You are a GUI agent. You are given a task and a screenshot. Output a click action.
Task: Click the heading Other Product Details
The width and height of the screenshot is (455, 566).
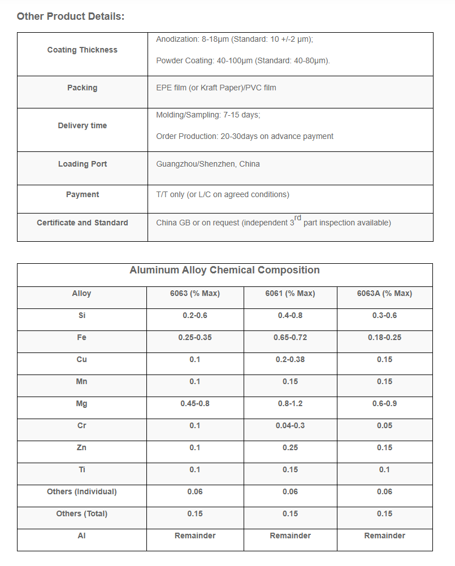tap(71, 16)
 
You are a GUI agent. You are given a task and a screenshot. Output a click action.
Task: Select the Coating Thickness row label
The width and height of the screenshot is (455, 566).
tap(82, 50)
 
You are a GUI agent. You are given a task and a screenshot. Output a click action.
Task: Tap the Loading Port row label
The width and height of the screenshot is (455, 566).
tap(82, 164)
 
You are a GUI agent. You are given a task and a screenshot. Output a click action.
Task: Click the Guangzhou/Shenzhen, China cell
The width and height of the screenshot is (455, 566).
tap(208, 164)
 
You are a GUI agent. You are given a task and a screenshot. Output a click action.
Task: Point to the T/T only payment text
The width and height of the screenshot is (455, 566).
tap(223, 194)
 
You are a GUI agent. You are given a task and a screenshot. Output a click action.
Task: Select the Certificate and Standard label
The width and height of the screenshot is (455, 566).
tap(82, 223)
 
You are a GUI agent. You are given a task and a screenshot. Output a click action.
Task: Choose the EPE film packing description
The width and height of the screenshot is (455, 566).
tap(216, 88)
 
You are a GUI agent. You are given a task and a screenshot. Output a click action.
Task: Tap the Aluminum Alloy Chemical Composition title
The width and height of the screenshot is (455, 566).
tap(224, 270)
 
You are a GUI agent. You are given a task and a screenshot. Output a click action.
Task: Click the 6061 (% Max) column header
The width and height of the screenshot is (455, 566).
tap(290, 293)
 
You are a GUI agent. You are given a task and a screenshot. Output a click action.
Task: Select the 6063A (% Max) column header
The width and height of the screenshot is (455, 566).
tap(384, 293)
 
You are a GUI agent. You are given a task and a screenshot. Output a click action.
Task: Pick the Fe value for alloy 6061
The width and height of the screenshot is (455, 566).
tap(290, 337)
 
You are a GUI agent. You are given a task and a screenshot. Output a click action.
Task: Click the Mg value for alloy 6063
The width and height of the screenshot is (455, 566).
tap(195, 403)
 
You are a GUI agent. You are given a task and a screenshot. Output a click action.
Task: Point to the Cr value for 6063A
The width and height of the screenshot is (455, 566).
tap(384, 425)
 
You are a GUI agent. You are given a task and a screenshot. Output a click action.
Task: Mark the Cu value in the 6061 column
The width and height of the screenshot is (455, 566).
tap(290, 359)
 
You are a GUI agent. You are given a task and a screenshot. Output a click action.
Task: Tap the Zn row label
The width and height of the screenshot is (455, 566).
tap(81, 447)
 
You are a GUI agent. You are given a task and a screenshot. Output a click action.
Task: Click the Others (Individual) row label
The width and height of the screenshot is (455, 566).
tap(81, 491)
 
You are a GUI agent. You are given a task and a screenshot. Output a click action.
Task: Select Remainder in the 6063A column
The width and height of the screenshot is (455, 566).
tap(384, 535)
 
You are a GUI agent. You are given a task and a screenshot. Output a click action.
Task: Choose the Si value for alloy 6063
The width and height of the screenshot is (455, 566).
tap(195, 315)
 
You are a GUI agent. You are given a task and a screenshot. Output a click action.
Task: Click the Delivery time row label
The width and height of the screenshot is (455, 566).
tap(82, 125)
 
